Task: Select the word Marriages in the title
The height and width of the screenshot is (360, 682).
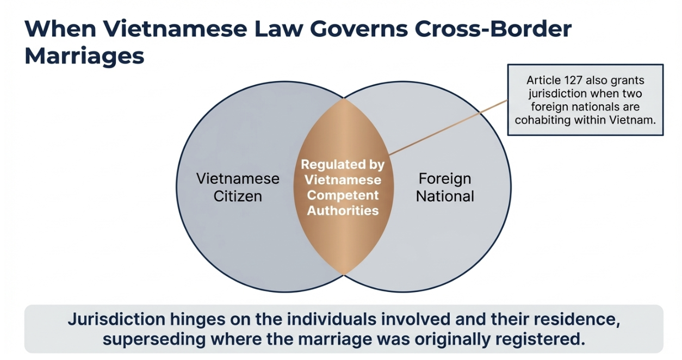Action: (x=84, y=56)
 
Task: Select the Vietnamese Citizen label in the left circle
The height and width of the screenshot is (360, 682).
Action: (x=238, y=187)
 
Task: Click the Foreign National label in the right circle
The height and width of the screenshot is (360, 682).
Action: (x=444, y=187)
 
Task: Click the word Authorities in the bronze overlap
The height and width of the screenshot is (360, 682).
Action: (x=343, y=210)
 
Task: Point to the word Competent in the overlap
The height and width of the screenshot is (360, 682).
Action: (x=343, y=195)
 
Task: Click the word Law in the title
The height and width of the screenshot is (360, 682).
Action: (x=268, y=29)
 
